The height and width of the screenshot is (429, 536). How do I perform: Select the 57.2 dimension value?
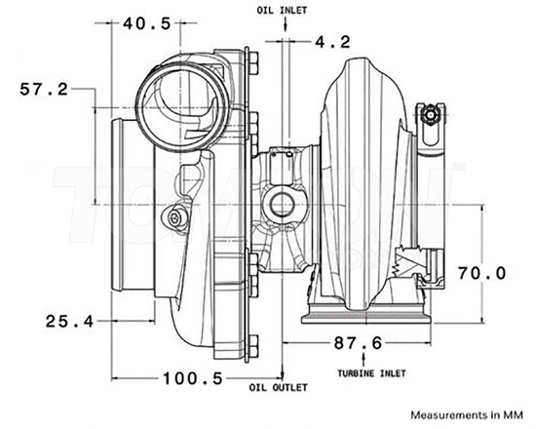tap(44, 89)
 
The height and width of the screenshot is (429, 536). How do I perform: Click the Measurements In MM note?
tap(466, 413)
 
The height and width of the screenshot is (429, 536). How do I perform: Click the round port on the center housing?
tap(283, 205)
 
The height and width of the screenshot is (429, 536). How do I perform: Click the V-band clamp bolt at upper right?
tap(430, 115)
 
